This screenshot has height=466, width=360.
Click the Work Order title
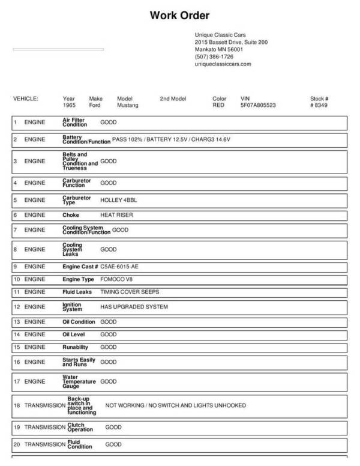pyautogui.click(x=179, y=16)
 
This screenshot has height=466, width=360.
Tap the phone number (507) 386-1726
pyautogui.click(x=214, y=56)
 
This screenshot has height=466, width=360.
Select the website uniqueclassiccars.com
pyautogui.click(x=223, y=64)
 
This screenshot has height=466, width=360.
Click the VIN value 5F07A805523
pyautogui.click(x=258, y=105)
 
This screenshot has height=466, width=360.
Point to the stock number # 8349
pyautogui.click(x=319, y=105)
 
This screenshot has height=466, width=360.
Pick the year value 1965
pyautogui.click(x=69, y=105)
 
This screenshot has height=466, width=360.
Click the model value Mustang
pyautogui.click(x=127, y=105)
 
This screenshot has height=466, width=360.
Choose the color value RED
pyautogui.click(x=218, y=105)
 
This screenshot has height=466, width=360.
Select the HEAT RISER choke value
pyautogui.click(x=116, y=214)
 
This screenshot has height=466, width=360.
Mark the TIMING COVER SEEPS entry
pyautogui.click(x=130, y=292)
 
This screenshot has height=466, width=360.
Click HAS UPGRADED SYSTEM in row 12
pyautogui.click(x=134, y=307)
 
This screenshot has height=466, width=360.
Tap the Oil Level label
pyautogui.click(x=76, y=334)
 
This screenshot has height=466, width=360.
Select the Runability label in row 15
pyautogui.click(x=76, y=347)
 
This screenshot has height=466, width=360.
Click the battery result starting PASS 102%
pyautogui.click(x=172, y=139)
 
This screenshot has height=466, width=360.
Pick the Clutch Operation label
pyautogui.click(x=80, y=428)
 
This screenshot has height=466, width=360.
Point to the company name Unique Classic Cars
pyautogui.click(x=220, y=35)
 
